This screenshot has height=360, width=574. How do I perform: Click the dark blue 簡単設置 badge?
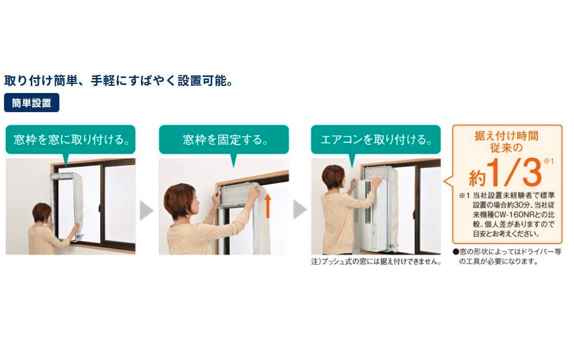tap(32, 103)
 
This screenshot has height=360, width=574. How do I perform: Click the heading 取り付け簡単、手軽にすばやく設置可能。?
tap(119, 80)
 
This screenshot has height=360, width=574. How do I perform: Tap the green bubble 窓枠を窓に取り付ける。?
tap(70, 139)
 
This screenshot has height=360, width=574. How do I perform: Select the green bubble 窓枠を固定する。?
tap(224, 139)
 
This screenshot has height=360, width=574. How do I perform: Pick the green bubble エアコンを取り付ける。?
tap(376, 139)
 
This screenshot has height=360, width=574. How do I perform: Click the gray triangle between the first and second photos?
tap(146, 210)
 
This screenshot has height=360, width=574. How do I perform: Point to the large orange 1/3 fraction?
tap(514, 172)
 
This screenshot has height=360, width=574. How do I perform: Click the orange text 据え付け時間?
tap(507, 136)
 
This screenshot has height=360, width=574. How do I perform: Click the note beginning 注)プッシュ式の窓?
tap(376, 261)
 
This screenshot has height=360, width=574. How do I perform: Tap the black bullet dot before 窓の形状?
tap(456, 252)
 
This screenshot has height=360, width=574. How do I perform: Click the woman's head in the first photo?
tap(42, 213)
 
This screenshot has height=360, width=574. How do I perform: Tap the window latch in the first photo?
tap(100, 208)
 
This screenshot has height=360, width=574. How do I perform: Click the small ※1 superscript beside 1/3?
tap(549, 161)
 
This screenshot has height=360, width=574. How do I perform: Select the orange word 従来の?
tap(507, 148)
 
